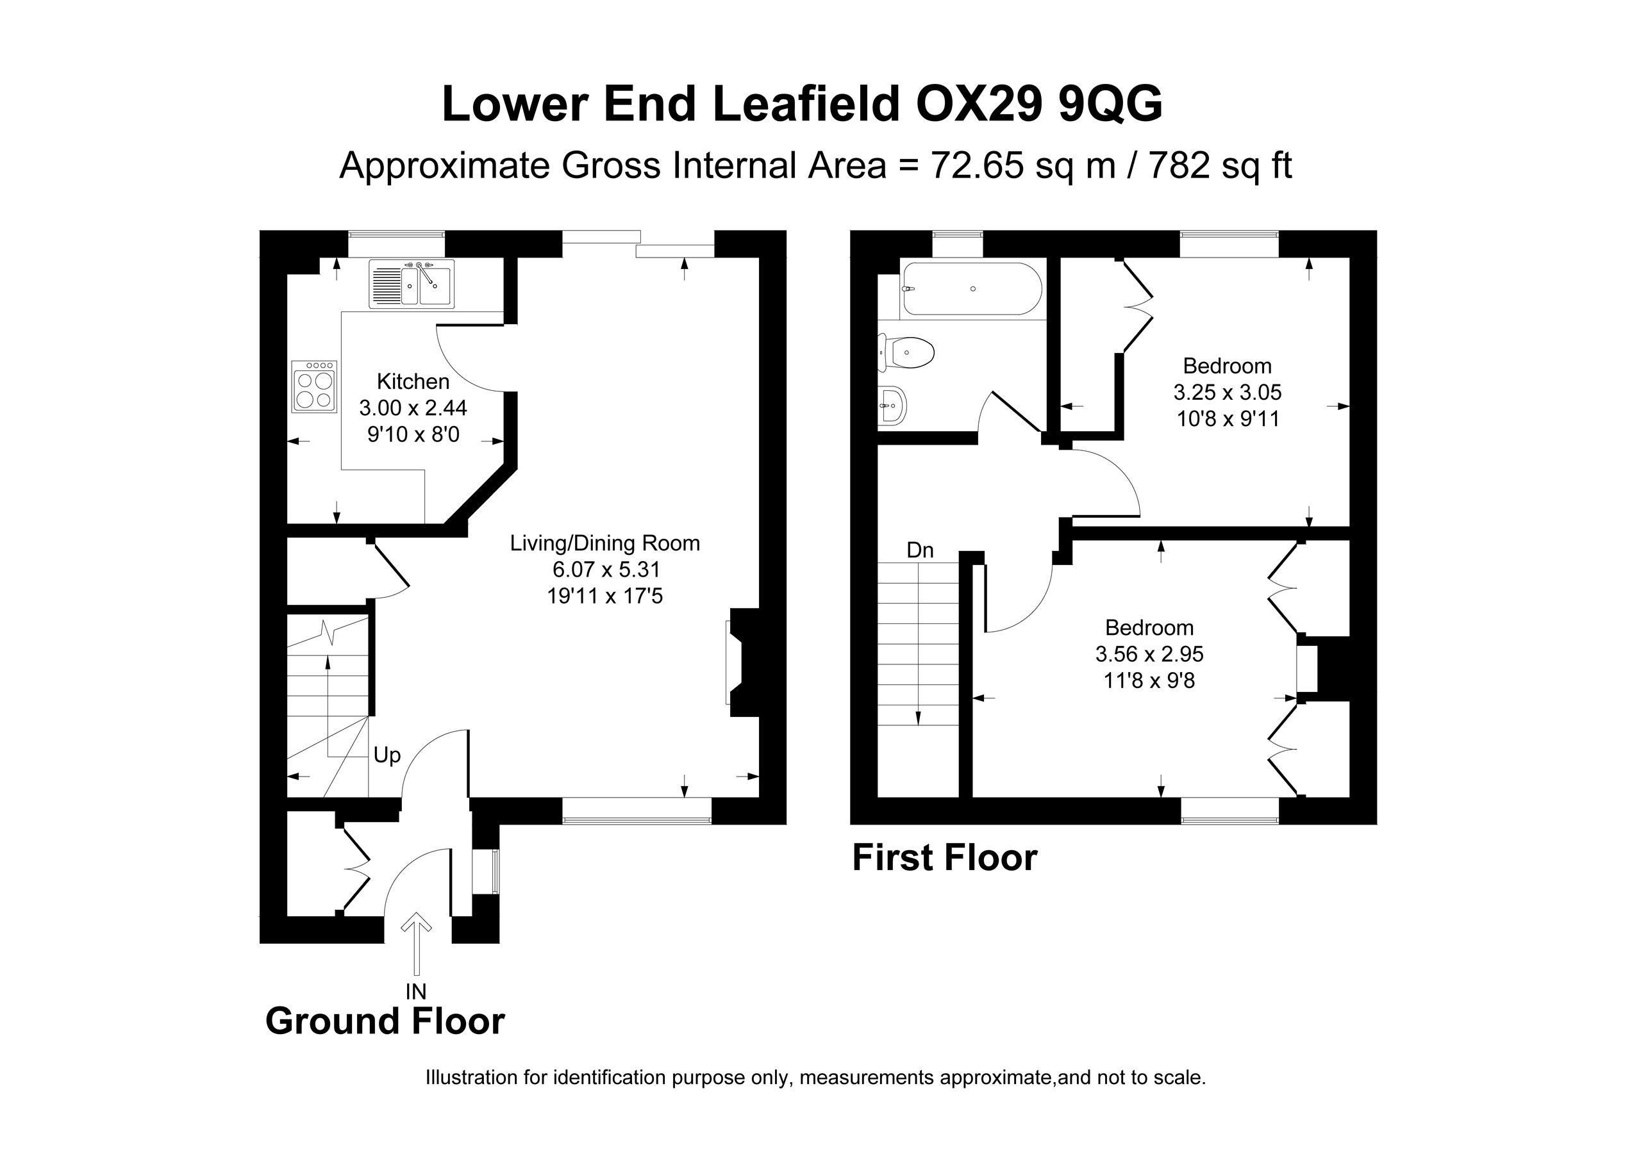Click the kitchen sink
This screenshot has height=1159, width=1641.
[x=412, y=284]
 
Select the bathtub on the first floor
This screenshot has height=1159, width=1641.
[x=972, y=290]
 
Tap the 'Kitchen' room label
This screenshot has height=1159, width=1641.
[x=413, y=382]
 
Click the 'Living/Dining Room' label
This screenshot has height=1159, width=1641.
[x=604, y=543]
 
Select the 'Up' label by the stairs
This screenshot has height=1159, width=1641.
[x=387, y=755]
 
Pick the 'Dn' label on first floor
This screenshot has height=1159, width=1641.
[x=920, y=550]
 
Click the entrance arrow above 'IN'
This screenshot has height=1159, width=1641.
[x=416, y=944]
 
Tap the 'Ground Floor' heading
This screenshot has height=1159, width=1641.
[x=385, y=1021]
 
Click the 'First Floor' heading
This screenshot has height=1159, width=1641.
[x=945, y=857]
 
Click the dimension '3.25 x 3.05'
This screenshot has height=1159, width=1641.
[x=1227, y=392]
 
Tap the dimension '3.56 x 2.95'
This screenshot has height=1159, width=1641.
[x=1149, y=653]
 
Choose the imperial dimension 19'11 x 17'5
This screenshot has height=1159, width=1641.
[x=604, y=596]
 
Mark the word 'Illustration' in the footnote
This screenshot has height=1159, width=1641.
[x=472, y=1078]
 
